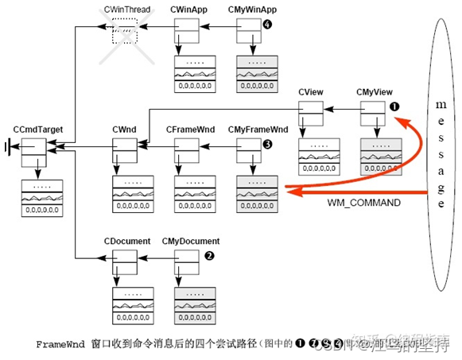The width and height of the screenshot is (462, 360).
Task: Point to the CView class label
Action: (x=309, y=93)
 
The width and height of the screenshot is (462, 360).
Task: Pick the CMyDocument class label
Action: (x=190, y=241)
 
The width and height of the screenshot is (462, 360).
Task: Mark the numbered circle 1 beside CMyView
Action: (x=393, y=105)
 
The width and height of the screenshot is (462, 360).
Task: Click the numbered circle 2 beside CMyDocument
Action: (x=208, y=256)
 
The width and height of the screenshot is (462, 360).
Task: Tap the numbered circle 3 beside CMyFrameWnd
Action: (x=268, y=144)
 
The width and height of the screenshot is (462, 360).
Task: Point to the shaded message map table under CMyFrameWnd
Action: (x=256, y=192)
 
